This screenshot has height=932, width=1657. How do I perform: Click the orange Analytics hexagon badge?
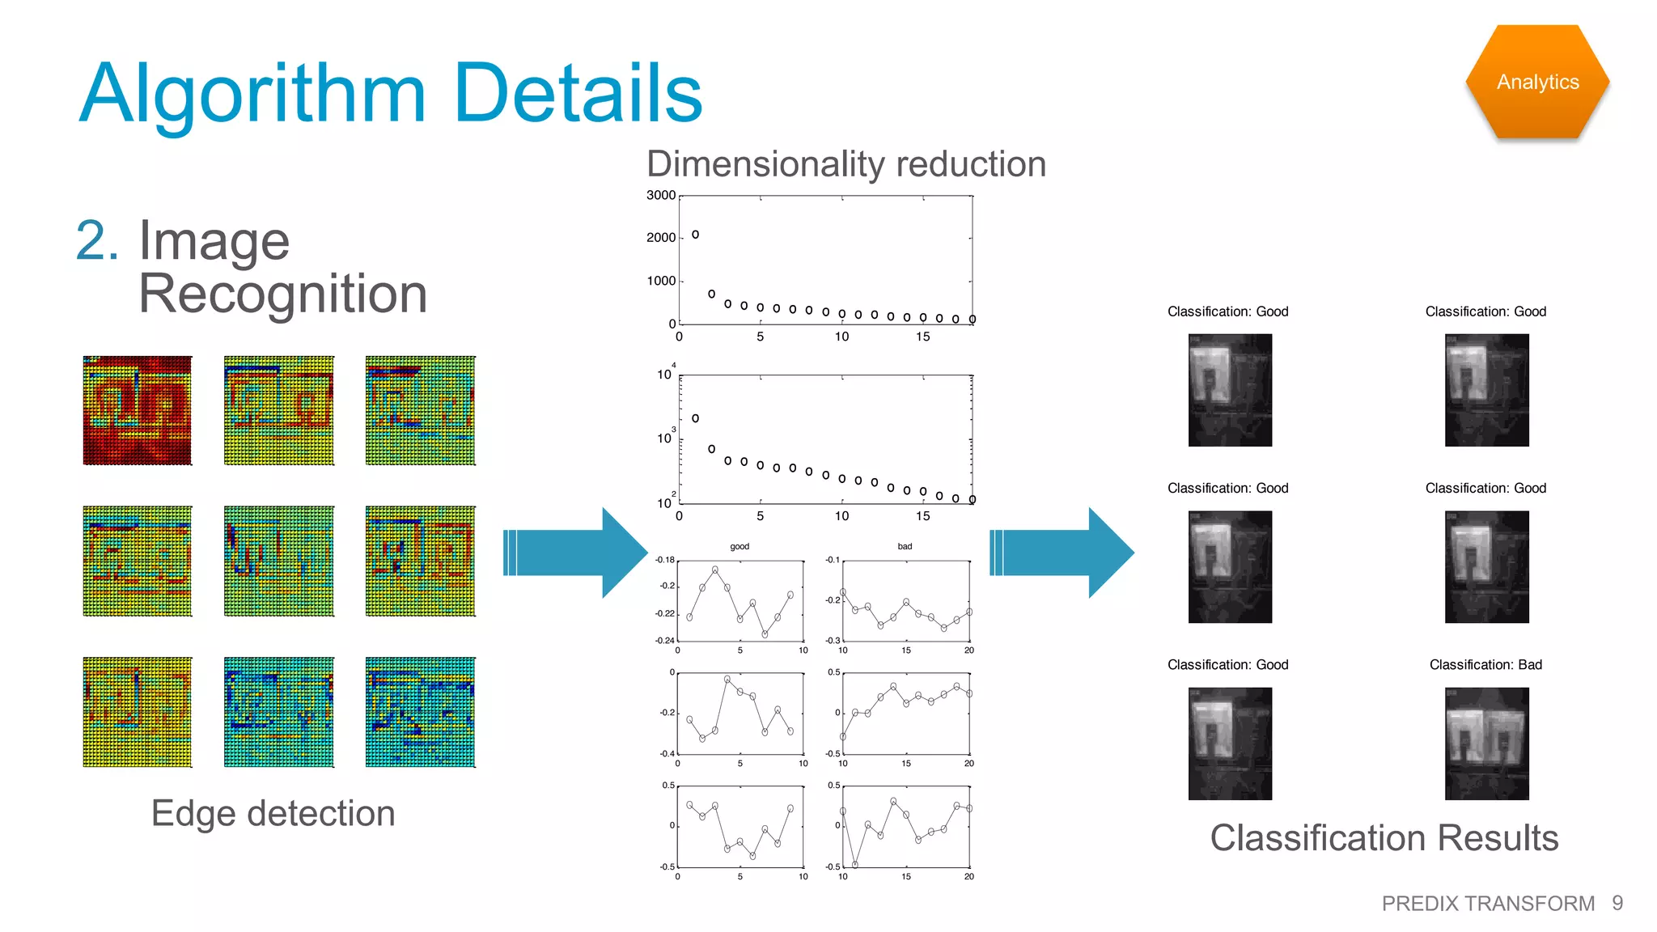(x=1537, y=82)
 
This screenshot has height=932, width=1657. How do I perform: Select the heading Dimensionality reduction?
(x=846, y=164)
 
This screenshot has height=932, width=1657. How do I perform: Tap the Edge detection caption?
(x=273, y=813)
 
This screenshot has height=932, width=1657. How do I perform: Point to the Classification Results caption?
(x=1384, y=838)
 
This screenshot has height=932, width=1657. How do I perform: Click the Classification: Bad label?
(x=1485, y=665)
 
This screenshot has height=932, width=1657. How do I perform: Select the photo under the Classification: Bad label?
(x=1486, y=743)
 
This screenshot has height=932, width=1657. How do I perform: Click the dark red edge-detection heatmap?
(x=138, y=411)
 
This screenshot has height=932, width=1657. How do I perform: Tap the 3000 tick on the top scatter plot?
(x=660, y=196)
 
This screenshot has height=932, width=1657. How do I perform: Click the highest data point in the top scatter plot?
(x=695, y=235)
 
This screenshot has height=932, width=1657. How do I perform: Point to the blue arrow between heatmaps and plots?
(x=574, y=553)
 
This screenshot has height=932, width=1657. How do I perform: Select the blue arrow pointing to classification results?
(x=1061, y=553)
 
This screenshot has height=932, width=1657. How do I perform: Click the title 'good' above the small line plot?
(x=740, y=547)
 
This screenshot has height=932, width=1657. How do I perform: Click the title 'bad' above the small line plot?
(x=905, y=547)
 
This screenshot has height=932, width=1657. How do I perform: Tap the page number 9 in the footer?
(x=1617, y=903)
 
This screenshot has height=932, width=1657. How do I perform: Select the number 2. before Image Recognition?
(x=97, y=241)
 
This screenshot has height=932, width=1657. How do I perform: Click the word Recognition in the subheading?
(x=282, y=294)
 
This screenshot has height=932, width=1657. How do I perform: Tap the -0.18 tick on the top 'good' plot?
(x=664, y=560)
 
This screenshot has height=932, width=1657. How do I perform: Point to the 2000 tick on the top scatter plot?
(x=660, y=238)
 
